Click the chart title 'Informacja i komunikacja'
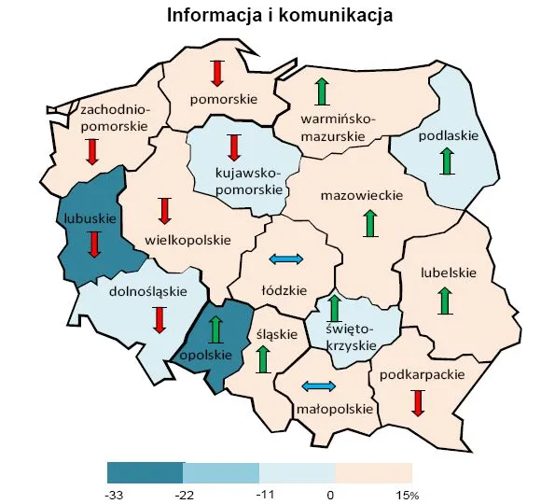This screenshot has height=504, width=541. tap(279, 16)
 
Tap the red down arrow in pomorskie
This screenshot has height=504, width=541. tap(217, 73)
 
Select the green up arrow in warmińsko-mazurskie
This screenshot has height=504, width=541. tap(322, 91)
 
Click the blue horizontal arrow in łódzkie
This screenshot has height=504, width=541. tap(286, 259)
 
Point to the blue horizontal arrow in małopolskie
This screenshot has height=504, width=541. tap(318, 386)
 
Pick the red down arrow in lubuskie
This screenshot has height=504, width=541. tap(93, 244)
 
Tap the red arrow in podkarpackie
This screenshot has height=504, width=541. tap(418, 402)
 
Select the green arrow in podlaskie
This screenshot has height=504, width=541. tap(448, 161)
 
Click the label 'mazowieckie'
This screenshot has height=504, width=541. tap(361, 196)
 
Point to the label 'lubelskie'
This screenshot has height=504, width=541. tap(449, 273)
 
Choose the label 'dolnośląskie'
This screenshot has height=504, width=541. tap(148, 291)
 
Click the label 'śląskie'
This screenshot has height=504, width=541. tap(276, 334)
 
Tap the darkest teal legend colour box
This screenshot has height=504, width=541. tap(145, 471)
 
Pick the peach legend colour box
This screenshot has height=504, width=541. tap(373, 471)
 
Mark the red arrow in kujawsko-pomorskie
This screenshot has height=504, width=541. tap(234, 147)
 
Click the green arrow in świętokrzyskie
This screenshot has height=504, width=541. tap(335, 308)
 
